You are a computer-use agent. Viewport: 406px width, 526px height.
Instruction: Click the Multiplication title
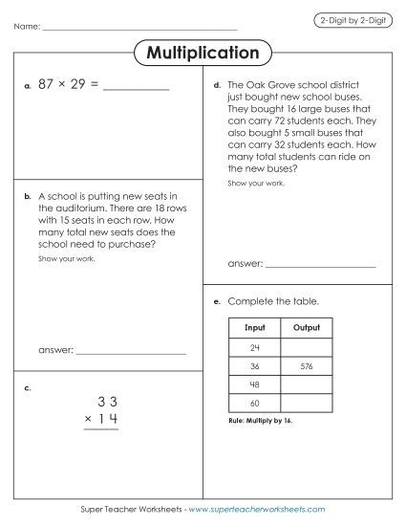click(x=203, y=53)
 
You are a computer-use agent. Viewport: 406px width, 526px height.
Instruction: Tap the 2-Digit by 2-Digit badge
click(x=350, y=19)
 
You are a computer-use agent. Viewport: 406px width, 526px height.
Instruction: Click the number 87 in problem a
click(x=47, y=84)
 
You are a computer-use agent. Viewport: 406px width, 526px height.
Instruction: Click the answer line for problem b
click(x=131, y=352)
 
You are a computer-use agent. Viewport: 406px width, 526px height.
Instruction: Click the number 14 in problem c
click(x=110, y=420)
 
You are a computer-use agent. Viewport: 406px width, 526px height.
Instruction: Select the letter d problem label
click(x=218, y=84)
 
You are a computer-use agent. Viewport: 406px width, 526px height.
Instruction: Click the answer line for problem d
click(x=320, y=262)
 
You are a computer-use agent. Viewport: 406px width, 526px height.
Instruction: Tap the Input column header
click(x=254, y=327)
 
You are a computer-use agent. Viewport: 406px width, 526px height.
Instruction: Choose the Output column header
click(x=306, y=327)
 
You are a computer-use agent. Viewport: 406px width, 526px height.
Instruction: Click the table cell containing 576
click(x=306, y=365)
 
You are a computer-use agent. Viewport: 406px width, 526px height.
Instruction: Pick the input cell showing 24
click(x=254, y=346)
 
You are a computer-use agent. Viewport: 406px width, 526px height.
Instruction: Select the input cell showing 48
click(x=254, y=384)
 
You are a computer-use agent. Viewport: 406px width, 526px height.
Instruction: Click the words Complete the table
click(x=274, y=301)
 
